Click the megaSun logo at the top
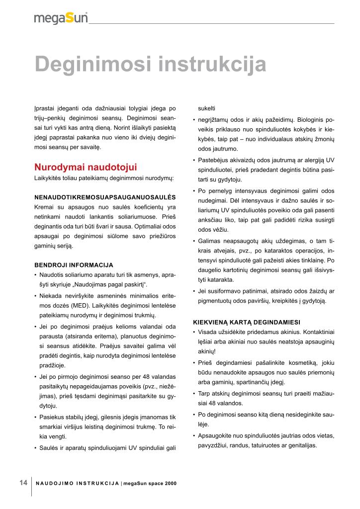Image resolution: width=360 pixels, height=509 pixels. pyautogui.click(x=61, y=18)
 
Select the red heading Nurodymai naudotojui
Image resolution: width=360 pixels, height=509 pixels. pyautogui.click(x=86, y=167)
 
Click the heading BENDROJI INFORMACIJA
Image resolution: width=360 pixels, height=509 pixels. pyautogui.click(x=74, y=265)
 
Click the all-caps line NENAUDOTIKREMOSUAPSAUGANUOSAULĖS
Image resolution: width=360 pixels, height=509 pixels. pyautogui.click(x=105, y=197)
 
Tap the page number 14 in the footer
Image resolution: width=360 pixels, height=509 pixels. pyautogui.click(x=23, y=483)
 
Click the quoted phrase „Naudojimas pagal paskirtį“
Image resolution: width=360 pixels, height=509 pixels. pyautogui.click(x=113, y=284)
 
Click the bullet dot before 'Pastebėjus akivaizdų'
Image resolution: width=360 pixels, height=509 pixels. pyautogui.click(x=193, y=160)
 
